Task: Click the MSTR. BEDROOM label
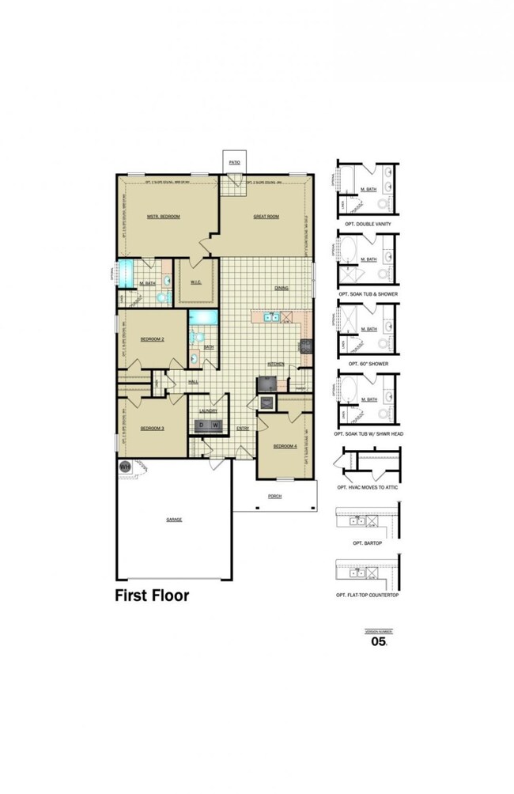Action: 164,217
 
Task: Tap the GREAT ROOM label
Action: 266,217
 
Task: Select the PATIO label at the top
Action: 234,161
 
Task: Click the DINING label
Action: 281,288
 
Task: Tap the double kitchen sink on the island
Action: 270,317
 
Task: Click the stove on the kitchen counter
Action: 304,345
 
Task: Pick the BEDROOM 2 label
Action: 152,338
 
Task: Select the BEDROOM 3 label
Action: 152,428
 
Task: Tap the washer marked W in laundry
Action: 214,426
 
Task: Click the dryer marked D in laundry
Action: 202,426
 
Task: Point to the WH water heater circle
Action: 125,467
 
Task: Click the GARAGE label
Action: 174,520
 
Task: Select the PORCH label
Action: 274,496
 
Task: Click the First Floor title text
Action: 153,595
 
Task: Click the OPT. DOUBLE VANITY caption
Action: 368,235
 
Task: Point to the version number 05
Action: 379,641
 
